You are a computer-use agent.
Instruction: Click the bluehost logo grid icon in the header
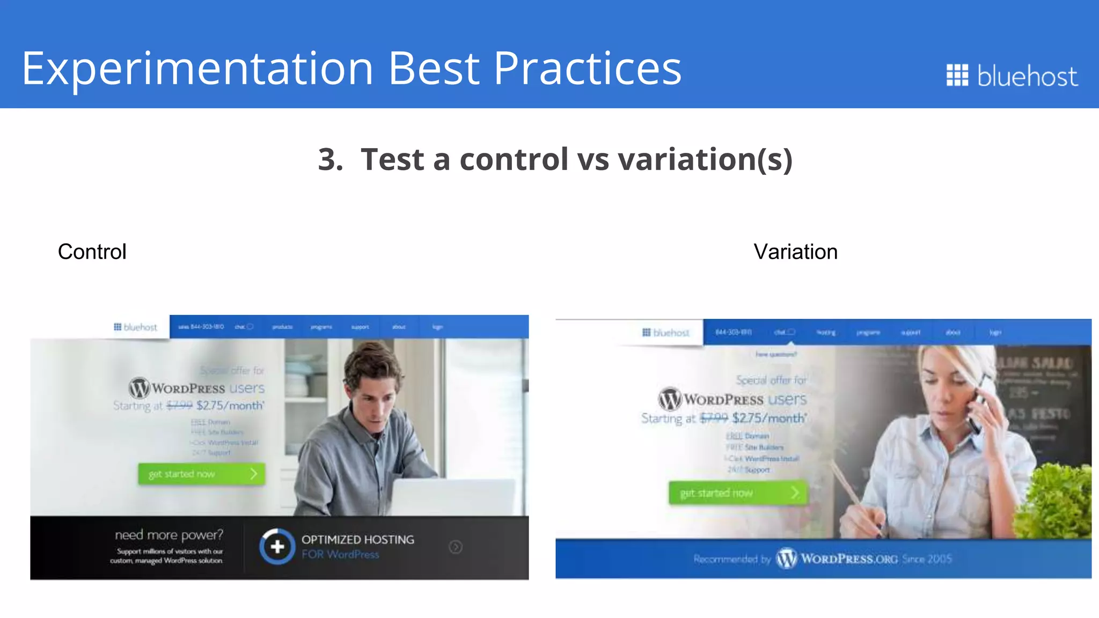tap(957, 75)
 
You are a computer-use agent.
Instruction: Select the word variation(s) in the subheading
tap(705, 160)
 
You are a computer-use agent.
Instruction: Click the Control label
tap(92, 252)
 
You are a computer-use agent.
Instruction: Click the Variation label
tap(795, 252)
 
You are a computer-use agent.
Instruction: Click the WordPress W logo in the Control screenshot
tap(140, 387)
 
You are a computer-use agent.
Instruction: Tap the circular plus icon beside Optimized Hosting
tap(277, 547)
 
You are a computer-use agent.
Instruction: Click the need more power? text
tap(168, 535)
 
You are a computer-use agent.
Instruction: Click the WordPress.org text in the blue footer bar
tap(849, 559)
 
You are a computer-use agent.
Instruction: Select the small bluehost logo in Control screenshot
tap(135, 327)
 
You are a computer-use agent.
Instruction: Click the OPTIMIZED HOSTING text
tap(357, 540)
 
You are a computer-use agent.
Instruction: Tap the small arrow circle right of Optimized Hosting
tap(456, 547)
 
